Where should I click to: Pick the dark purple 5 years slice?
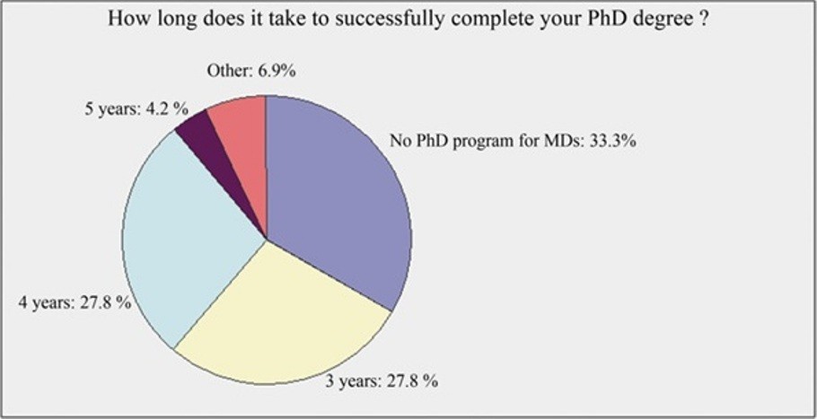(x=224, y=156)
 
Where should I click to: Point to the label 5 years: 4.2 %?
(x=136, y=111)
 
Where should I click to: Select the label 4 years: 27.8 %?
(x=75, y=303)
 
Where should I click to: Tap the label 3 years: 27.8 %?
(x=382, y=381)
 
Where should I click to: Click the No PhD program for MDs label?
(x=512, y=142)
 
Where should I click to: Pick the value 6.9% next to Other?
(x=277, y=71)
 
